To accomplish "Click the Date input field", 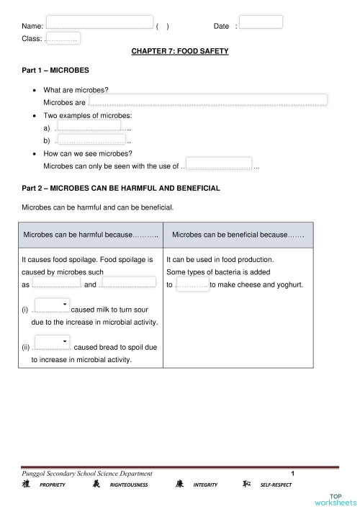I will click(261, 22).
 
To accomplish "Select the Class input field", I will click(63, 38).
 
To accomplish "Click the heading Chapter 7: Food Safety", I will click(180, 52).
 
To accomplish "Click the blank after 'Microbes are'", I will click(207, 99).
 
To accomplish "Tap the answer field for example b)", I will click(91, 140).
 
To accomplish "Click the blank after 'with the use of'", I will click(219, 163).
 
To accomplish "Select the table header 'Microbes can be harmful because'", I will click(91, 235).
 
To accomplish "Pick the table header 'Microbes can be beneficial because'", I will click(238, 235).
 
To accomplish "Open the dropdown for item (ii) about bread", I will click(52, 341).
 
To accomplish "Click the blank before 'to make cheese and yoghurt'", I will click(192, 285).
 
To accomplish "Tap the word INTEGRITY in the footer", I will click(205, 485).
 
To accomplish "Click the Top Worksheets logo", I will click(335, 498).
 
